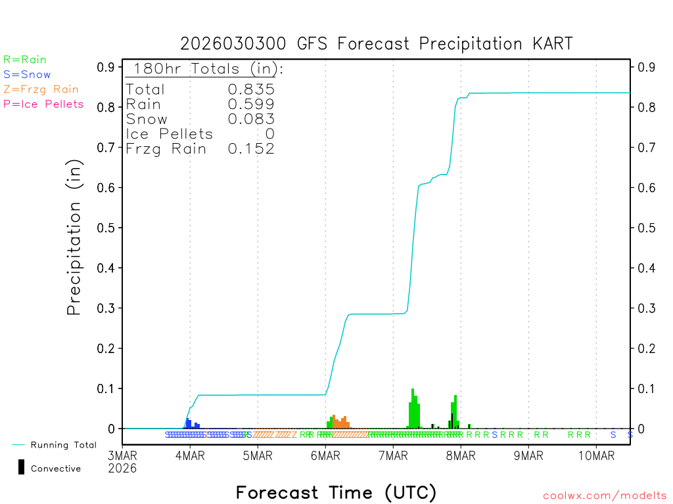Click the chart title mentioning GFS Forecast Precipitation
point(377,44)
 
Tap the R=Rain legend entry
point(25,60)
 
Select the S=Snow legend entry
point(27,75)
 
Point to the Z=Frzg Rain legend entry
point(41,89)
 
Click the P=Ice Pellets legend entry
point(43,104)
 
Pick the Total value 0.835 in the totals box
point(251,90)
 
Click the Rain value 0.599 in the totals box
point(251,104)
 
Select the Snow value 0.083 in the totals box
point(251,119)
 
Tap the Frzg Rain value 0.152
point(251,149)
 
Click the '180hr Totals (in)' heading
point(205,69)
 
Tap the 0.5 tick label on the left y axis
point(106,228)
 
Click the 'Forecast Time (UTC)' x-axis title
point(336,492)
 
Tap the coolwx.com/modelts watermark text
point(605,496)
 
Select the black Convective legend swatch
point(22,467)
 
